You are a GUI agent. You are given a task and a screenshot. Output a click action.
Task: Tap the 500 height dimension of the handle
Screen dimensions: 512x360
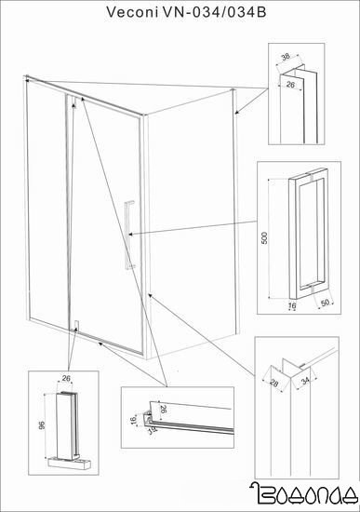click(266, 238)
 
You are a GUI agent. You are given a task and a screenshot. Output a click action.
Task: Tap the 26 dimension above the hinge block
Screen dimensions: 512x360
click(65, 379)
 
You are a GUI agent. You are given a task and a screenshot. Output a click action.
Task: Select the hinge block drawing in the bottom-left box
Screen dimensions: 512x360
click(72, 428)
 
